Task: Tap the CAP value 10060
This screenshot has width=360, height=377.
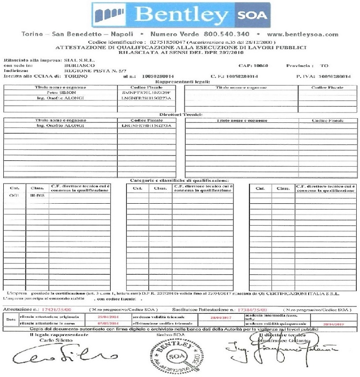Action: (261, 66)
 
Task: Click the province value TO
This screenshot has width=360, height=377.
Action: (325, 66)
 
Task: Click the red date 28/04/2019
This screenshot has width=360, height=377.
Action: (334, 323)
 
